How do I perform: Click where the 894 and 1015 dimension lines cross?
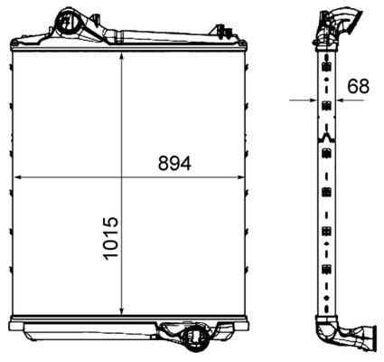(121, 176)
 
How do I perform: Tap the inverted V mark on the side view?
(325, 138)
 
